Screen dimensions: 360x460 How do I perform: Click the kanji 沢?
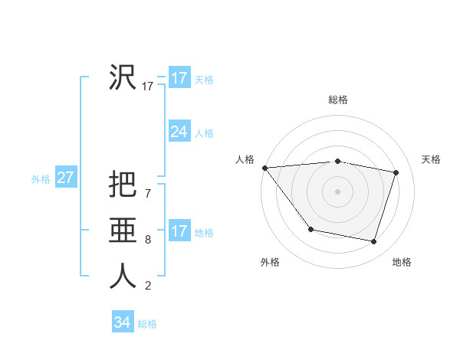tap(123, 77)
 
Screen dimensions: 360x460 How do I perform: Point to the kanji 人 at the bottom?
tap(123, 277)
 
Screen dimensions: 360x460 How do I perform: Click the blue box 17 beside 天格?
tap(179, 78)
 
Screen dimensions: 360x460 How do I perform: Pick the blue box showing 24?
tap(179, 132)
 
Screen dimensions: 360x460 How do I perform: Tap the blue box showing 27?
tap(65, 178)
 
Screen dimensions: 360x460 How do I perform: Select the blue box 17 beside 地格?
tap(179, 231)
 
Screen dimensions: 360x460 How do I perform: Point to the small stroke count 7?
tap(148, 194)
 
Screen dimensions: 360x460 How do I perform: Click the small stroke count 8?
tap(148, 240)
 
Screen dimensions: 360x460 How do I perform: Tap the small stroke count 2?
tap(148, 286)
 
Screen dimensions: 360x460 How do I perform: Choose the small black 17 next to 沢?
tap(148, 87)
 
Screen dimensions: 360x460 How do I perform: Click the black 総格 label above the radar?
tap(338, 100)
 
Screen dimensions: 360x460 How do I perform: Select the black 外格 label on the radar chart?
tap(270, 262)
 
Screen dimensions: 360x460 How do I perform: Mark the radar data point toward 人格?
tap(264, 168)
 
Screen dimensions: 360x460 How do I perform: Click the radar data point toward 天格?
tap(396, 172)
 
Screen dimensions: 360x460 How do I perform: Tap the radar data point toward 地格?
tap(374, 241)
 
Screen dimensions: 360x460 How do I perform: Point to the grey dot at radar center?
tap(338, 191)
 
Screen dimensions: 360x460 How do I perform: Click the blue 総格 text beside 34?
tap(147, 324)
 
